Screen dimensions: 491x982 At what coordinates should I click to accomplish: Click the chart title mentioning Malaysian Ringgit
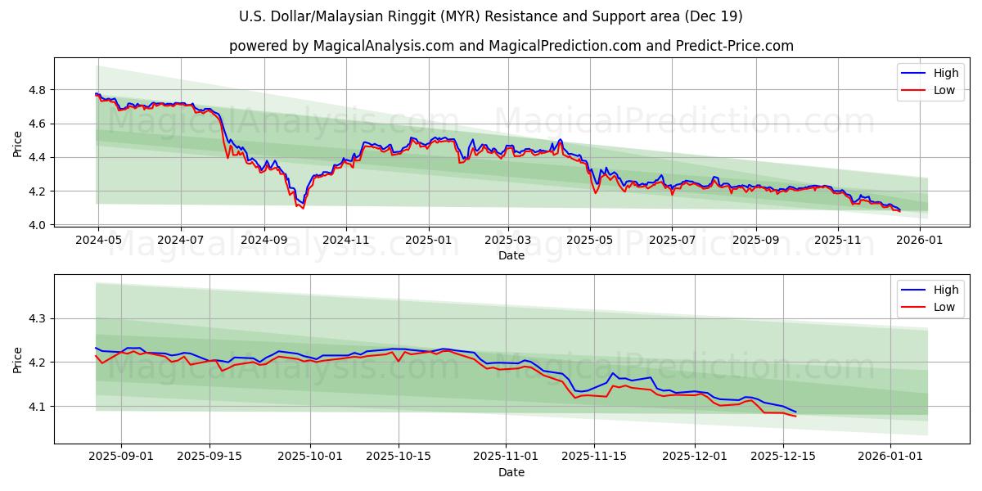tap(491, 16)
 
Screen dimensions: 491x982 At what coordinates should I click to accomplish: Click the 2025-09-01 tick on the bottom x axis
tap(121, 457)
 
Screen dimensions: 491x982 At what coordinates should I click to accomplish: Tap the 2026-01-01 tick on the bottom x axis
tap(890, 457)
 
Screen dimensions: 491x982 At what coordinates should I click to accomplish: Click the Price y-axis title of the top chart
tap(18, 144)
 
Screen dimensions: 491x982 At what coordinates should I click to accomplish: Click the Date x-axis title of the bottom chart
tap(511, 472)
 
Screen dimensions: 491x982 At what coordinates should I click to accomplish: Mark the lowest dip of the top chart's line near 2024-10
tap(303, 208)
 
